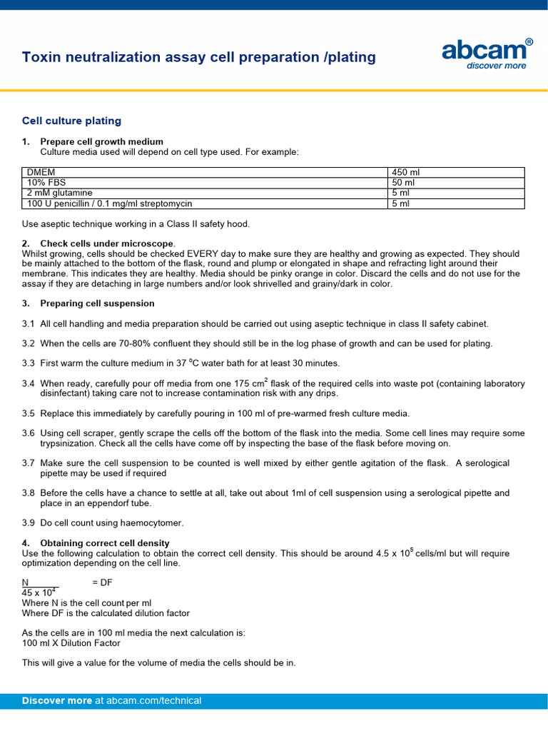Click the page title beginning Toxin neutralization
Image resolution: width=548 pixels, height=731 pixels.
point(199,57)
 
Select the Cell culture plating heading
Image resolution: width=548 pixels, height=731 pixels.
point(71,121)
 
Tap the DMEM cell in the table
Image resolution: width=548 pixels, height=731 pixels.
point(41,173)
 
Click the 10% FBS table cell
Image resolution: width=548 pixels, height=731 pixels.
point(46,183)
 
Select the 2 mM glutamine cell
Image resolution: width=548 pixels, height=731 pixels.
point(59,193)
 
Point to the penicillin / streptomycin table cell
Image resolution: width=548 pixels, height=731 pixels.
point(110,203)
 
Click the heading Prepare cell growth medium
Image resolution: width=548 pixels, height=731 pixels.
point(101,142)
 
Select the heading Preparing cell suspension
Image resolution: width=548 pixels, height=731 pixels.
point(97,303)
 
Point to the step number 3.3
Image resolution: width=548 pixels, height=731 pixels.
point(29,363)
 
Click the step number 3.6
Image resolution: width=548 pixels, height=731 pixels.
point(29,433)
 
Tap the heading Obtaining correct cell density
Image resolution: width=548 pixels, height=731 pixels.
point(105,543)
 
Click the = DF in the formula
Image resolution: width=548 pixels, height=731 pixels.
point(103,583)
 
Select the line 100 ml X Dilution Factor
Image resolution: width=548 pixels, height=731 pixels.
point(71,643)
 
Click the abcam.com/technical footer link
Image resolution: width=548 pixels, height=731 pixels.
point(153,701)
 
